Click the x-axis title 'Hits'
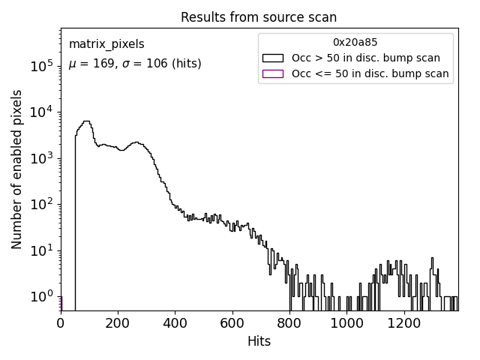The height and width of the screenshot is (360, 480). pos(259,341)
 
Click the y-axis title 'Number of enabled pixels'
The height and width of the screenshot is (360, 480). pos(16,177)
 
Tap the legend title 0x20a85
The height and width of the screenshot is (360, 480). pos(355,42)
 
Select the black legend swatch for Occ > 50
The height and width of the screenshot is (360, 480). pos(273,58)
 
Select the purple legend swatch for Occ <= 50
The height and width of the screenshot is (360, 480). pos(273,73)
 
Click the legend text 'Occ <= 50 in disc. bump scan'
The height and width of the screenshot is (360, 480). pos(370,73)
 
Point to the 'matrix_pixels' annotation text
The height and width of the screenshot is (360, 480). pos(106,44)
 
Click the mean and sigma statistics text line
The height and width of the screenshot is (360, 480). pos(135,64)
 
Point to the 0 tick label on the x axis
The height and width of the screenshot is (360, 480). pos(61,323)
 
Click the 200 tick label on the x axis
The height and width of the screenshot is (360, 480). pos(118,323)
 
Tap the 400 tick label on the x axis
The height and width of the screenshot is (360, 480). pos(175,323)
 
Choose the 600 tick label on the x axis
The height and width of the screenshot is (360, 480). pos(232,323)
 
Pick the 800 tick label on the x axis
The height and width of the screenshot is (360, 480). pos(289,323)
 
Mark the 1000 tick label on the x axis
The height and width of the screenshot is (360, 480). pos(347,323)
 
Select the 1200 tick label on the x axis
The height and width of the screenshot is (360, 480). pos(404,323)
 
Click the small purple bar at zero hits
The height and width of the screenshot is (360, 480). pos(61,303)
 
